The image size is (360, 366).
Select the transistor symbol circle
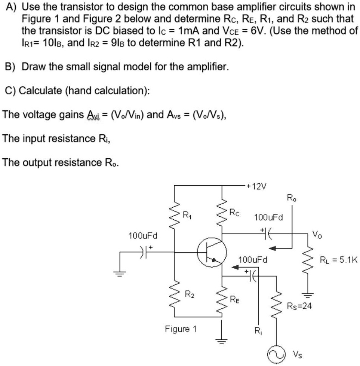pos(212,253)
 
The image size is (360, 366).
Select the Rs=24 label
pos(299,306)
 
